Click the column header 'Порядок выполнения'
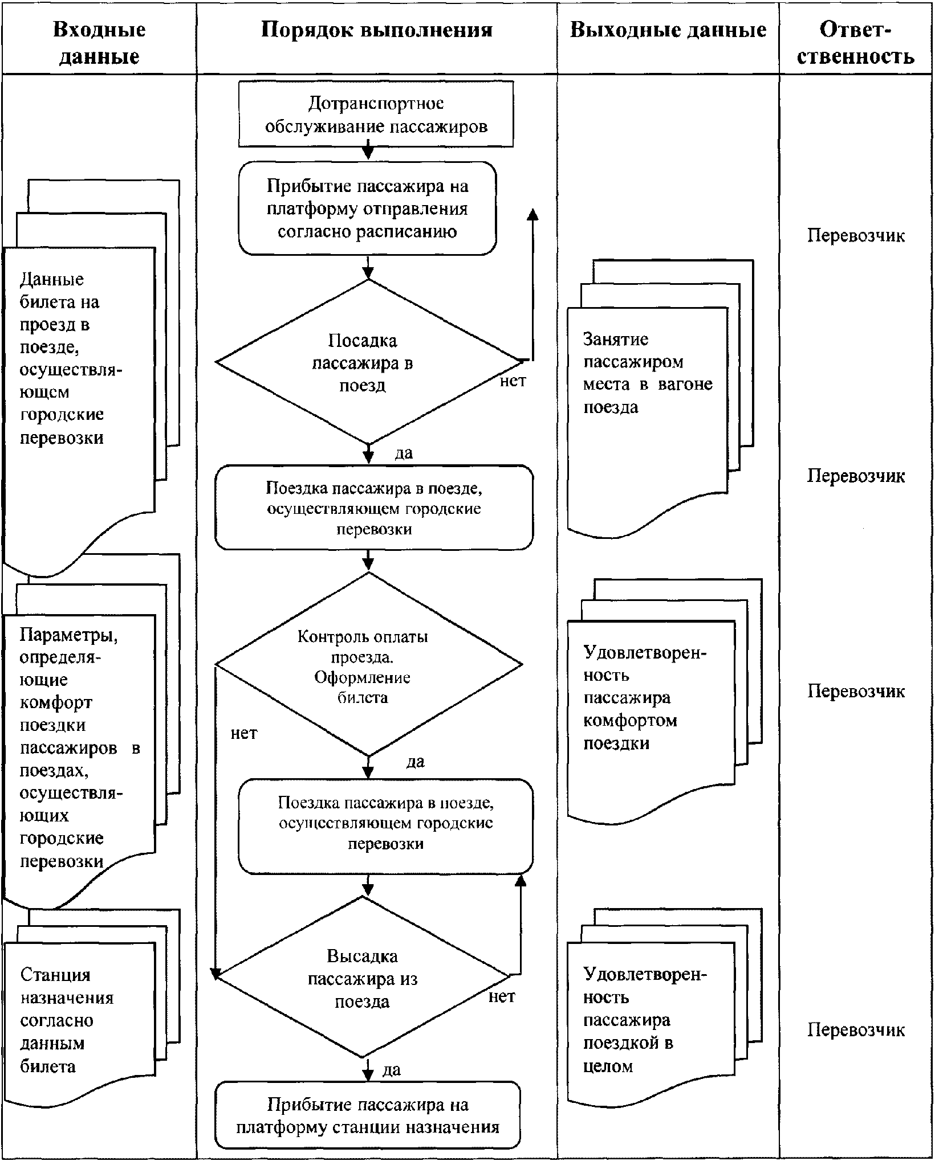[377, 30]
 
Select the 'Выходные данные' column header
[668, 30]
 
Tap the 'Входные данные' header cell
[99, 43]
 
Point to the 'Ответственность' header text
[855, 43]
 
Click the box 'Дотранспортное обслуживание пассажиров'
[376, 114]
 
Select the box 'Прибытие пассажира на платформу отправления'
[367, 209]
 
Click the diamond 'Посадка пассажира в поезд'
[368, 361]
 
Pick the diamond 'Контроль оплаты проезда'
[368, 664]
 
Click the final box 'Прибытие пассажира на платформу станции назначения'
[368, 1116]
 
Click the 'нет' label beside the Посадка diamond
[513, 381]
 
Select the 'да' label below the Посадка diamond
[404, 453]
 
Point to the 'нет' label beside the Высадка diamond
[502, 996]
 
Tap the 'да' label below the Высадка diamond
[392, 1069]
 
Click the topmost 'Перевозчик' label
[856, 236]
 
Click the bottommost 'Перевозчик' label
[856, 1030]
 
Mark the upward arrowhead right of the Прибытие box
[532, 214]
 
